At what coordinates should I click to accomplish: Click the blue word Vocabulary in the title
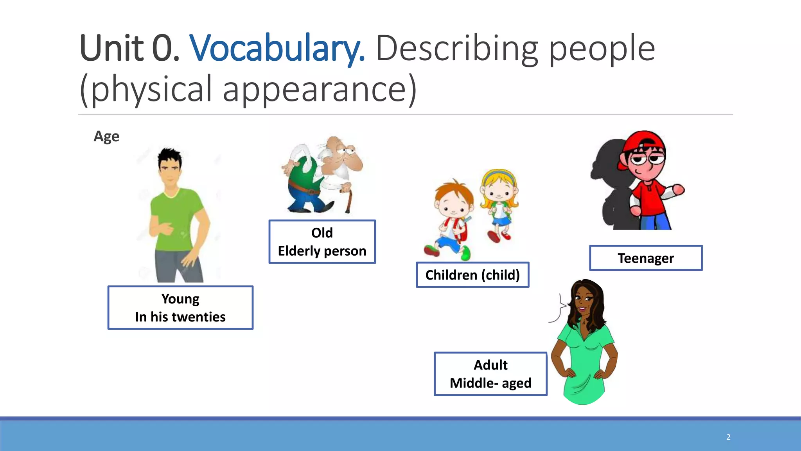click(x=277, y=49)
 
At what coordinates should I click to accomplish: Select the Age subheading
click(x=106, y=136)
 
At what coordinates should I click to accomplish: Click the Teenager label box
click(x=646, y=258)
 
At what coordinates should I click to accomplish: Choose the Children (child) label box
click(x=472, y=275)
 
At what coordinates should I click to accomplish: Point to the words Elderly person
click(x=322, y=251)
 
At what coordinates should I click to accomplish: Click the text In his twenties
click(x=180, y=317)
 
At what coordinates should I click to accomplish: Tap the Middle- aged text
click(x=490, y=383)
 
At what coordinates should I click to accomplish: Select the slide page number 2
click(x=728, y=437)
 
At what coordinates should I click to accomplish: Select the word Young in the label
click(x=180, y=299)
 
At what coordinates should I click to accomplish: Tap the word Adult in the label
click(x=490, y=365)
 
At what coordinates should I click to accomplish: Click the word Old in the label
click(x=322, y=233)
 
